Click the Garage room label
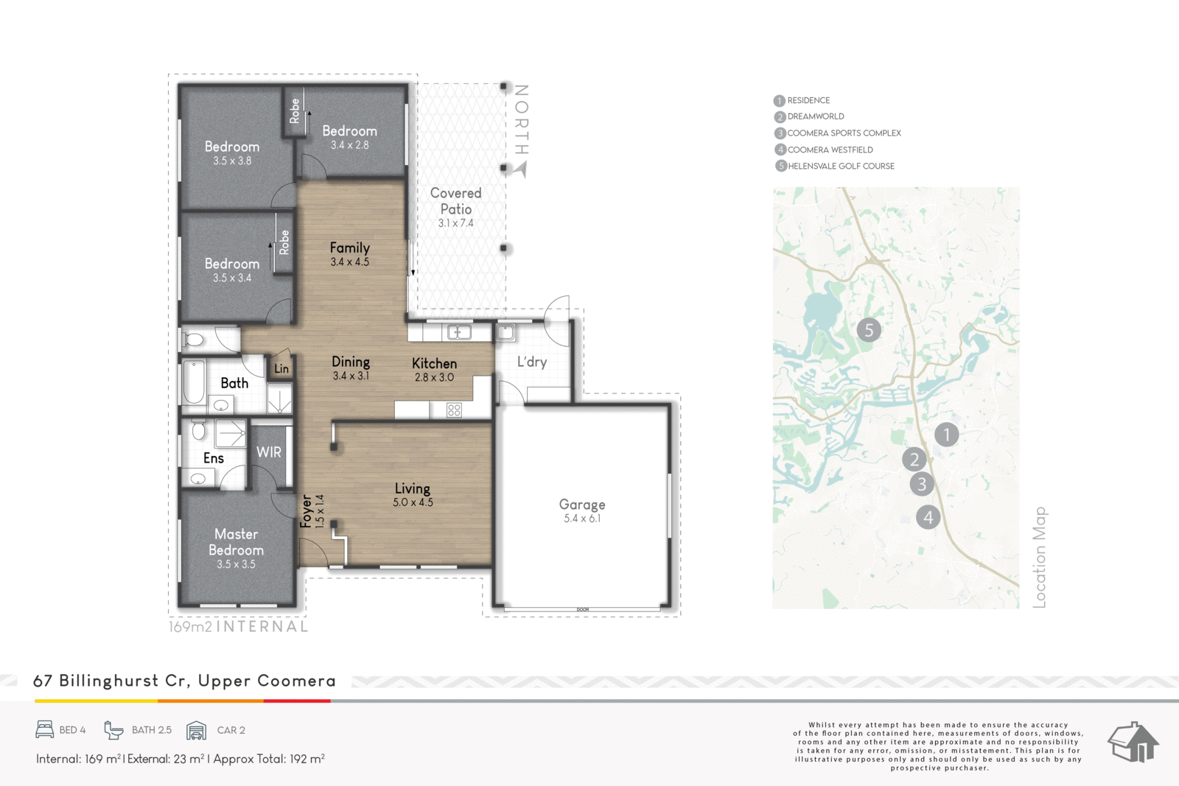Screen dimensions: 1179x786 (581, 505)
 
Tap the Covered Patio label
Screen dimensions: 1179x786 (456, 201)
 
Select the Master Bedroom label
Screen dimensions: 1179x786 (236, 542)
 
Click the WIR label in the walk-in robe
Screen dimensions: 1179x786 (268, 452)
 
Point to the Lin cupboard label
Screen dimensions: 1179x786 (281, 369)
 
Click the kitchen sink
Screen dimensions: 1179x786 (459, 332)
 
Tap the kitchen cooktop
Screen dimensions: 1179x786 (454, 410)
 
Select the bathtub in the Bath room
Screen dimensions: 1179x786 (194, 382)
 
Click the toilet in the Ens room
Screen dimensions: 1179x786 (198, 429)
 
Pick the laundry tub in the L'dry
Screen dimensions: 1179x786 (505, 332)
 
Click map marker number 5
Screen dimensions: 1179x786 (869, 330)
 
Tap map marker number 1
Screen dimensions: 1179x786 (946, 435)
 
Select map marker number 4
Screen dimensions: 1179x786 (928, 517)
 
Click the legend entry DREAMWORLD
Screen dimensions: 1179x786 (810, 116)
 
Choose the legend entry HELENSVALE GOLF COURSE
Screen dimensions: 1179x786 (835, 166)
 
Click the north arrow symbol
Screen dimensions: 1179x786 (521, 169)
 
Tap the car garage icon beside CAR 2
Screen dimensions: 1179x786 (196, 730)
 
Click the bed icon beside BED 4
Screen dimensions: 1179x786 (45, 730)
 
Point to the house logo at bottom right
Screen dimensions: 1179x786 (1133, 742)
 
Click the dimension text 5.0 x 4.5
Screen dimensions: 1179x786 (413, 502)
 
